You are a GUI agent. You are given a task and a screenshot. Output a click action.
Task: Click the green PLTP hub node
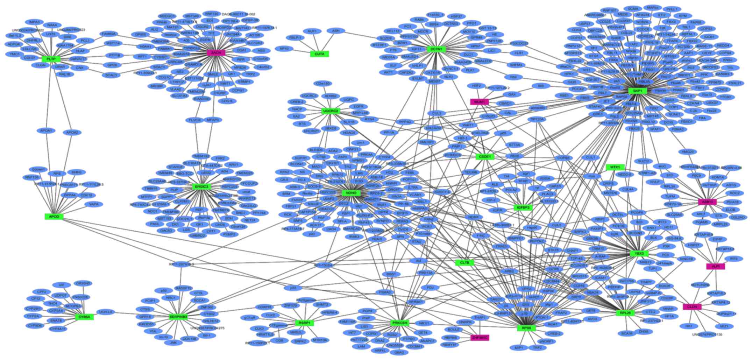(51, 58)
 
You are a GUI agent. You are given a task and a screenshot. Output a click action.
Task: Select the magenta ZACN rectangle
(216, 53)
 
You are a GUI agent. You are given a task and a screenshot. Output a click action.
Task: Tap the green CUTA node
(319, 54)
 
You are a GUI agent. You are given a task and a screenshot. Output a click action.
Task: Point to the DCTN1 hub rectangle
(436, 49)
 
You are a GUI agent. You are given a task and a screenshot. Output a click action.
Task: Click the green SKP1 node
(637, 91)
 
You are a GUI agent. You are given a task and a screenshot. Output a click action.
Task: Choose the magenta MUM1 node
(479, 102)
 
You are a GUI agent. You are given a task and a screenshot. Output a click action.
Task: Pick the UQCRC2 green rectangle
(331, 111)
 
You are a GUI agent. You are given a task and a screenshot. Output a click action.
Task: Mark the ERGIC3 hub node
(202, 187)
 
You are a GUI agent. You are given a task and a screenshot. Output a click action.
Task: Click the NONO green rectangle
(351, 193)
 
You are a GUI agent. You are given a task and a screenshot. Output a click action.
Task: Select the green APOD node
(54, 217)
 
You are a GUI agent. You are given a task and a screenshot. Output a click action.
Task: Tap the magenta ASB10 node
(707, 202)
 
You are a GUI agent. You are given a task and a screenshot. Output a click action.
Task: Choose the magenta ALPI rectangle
(715, 267)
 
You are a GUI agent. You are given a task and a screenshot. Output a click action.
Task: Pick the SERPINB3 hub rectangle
(178, 317)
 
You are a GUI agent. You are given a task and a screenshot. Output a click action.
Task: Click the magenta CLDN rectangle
(692, 307)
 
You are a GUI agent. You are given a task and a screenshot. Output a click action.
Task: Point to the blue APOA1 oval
(46, 130)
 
